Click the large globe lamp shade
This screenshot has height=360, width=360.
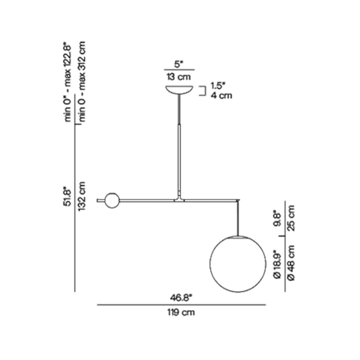238,264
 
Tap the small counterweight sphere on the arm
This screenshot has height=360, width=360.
112,201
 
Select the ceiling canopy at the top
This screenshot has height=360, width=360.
179,90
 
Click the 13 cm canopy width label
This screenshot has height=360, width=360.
179,77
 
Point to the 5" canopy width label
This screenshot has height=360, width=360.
179,64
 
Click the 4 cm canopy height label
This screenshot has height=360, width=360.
221,95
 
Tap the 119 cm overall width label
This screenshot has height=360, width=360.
181,312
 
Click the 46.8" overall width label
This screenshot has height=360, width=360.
181,298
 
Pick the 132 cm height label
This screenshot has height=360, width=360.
82,196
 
